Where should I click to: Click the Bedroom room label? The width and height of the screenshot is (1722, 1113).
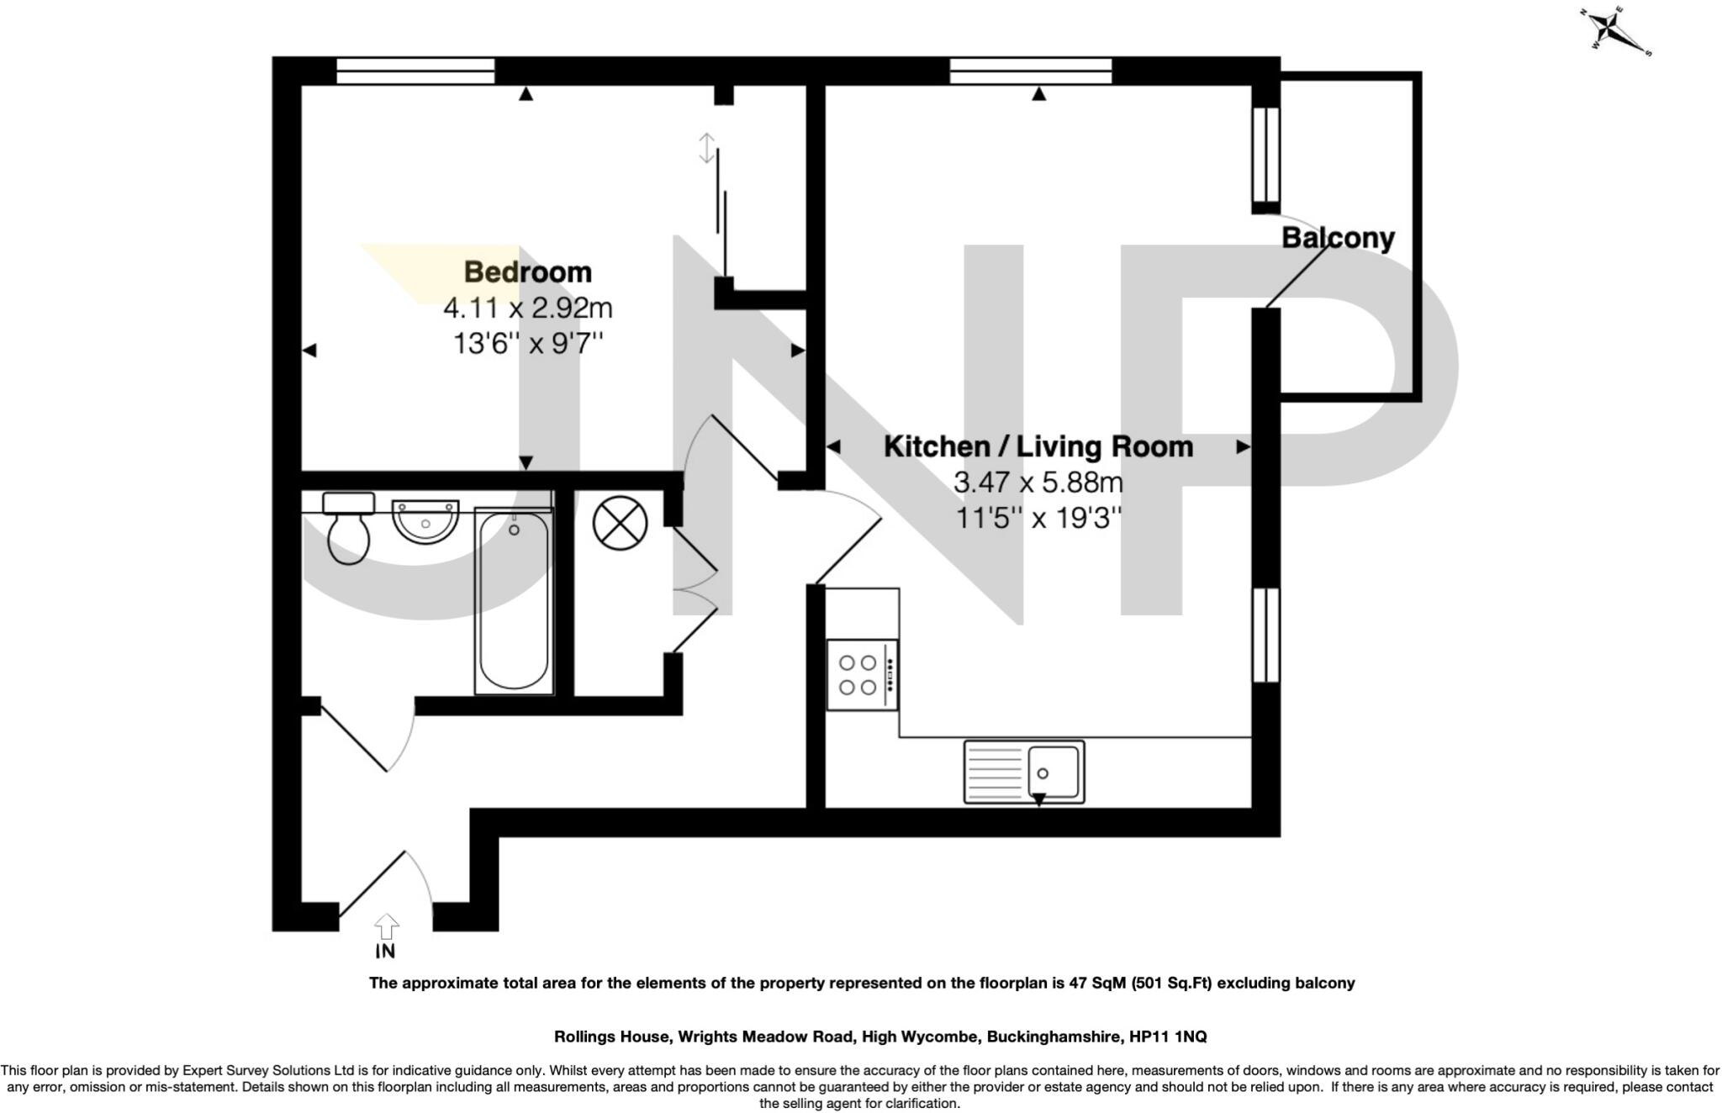pos(528,272)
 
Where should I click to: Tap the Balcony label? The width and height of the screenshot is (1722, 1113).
pos(1338,238)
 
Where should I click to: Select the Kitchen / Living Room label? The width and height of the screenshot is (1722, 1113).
pos(1038,446)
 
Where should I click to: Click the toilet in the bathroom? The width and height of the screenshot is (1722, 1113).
pos(348,528)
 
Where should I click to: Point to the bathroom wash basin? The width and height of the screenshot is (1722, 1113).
pos(425,521)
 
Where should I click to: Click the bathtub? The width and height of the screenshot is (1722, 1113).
pos(514,601)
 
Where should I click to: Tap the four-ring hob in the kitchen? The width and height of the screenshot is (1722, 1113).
pos(863,675)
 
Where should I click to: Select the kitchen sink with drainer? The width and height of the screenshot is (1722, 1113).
pos(1024,772)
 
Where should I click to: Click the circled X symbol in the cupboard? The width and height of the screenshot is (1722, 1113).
pos(621,523)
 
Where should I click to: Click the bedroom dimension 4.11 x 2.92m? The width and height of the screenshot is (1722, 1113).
pos(528,309)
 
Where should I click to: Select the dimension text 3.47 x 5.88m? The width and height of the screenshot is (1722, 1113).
pos(1038,483)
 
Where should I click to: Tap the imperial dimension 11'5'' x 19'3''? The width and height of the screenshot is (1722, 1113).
pos(1038,518)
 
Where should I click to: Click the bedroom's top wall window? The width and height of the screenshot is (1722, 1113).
pos(415,71)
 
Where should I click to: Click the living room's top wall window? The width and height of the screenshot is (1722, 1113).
pos(1031,71)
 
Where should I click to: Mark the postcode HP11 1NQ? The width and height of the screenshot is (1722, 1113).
pos(1167,1037)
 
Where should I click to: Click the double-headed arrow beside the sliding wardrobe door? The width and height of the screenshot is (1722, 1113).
pos(707,149)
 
